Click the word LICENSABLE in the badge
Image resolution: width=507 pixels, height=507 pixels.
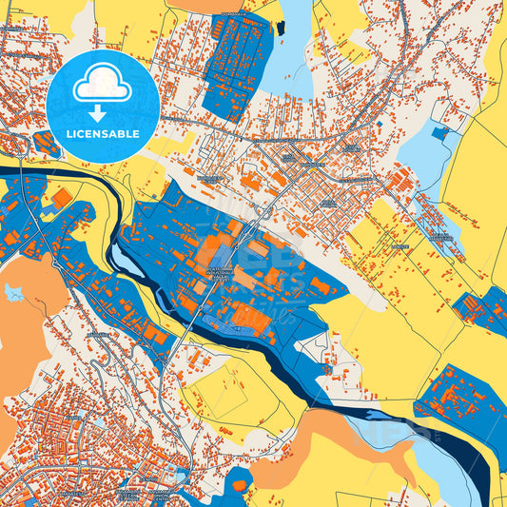(103, 133)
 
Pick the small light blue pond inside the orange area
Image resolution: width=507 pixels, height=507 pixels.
(14, 292)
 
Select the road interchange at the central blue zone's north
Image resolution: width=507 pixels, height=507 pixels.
(259, 214)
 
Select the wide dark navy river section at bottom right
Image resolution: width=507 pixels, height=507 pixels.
(485, 466)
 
